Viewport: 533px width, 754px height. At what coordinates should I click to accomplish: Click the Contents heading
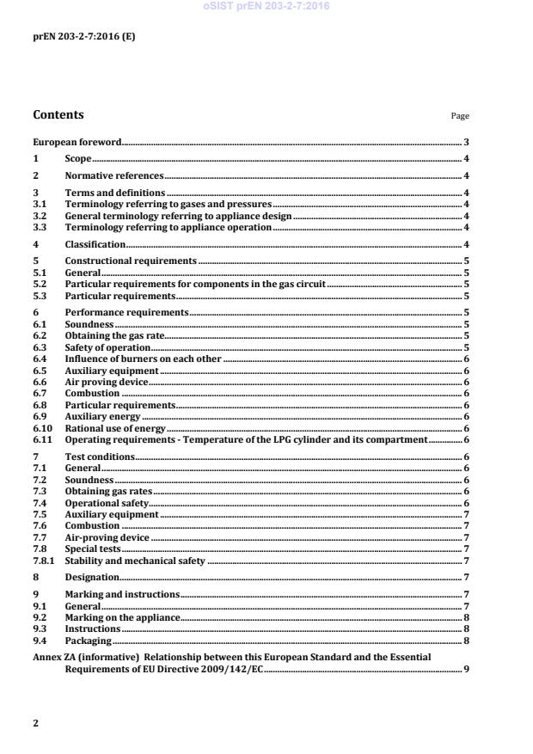pos(58,114)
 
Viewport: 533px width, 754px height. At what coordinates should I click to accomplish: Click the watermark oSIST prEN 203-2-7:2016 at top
pos(266,7)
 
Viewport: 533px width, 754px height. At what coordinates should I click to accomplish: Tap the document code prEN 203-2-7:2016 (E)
pos(83,37)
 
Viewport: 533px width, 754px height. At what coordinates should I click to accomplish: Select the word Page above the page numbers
pos(460,116)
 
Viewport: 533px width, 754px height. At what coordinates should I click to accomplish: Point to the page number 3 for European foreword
pos(465,141)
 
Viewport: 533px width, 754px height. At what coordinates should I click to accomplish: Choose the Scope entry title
pos(78,159)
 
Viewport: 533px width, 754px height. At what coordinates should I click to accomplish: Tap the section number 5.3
pos(40,295)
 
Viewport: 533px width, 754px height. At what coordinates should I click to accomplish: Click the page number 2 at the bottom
pos(35,723)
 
